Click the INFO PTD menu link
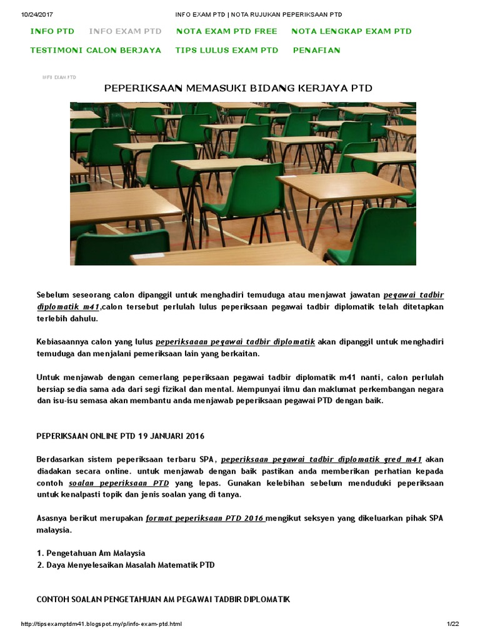pyautogui.click(x=52, y=31)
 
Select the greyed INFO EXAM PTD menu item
pyautogui.click(x=125, y=31)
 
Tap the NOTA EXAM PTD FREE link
pyautogui.click(x=226, y=31)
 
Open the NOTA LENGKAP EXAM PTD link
pyautogui.click(x=351, y=31)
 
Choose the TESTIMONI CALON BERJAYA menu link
pyautogui.click(x=96, y=50)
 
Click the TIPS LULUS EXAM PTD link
pyautogui.click(x=227, y=50)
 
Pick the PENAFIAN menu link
pyautogui.click(x=316, y=50)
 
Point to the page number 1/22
pyautogui.click(x=452, y=624)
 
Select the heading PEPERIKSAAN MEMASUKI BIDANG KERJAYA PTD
pyautogui.click(x=237, y=89)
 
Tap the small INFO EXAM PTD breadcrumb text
pyautogui.click(x=59, y=77)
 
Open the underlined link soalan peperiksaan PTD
pyautogui.click(x=119, y=483)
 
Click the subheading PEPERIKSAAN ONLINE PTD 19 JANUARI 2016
pyautogui.click(x=121, y=436)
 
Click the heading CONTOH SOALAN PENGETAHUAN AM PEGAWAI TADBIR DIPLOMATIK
pyautogui.click(x=163, y=599)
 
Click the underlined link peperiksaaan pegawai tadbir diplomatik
pyautogui.click(x=236, y=342)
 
